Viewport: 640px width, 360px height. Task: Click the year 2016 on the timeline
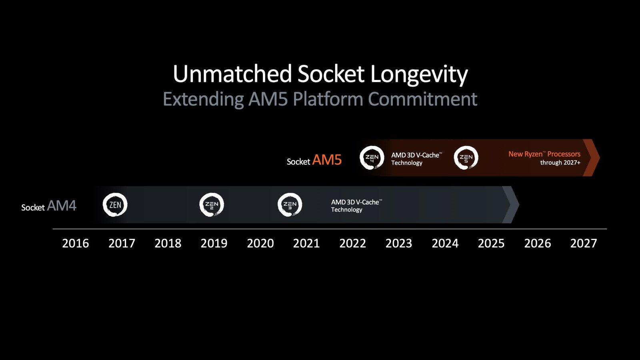point(76,243)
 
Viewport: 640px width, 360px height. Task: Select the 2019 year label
point(214,243)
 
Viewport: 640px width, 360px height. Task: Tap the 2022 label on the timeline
point(352,243)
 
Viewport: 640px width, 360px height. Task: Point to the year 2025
point(491,243)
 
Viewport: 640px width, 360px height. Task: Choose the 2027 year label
point(584,243)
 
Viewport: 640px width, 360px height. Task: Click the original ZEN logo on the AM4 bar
point(115,205)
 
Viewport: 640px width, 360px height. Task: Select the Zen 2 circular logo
point(212,205)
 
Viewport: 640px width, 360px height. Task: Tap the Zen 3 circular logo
point(290,205)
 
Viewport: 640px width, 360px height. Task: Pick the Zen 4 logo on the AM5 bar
point(372,158)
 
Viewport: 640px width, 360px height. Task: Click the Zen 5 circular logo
point(466,158)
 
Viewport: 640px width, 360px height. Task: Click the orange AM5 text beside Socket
point(327,160)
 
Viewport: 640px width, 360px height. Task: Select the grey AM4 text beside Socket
point(62,206)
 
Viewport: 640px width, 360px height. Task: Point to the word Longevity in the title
point(419,74)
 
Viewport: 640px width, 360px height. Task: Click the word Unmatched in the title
point(232,74)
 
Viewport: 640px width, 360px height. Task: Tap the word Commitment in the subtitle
point(422,99)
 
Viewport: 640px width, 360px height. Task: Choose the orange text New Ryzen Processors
point(544,154)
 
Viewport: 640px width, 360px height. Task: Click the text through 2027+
point(560,163)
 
